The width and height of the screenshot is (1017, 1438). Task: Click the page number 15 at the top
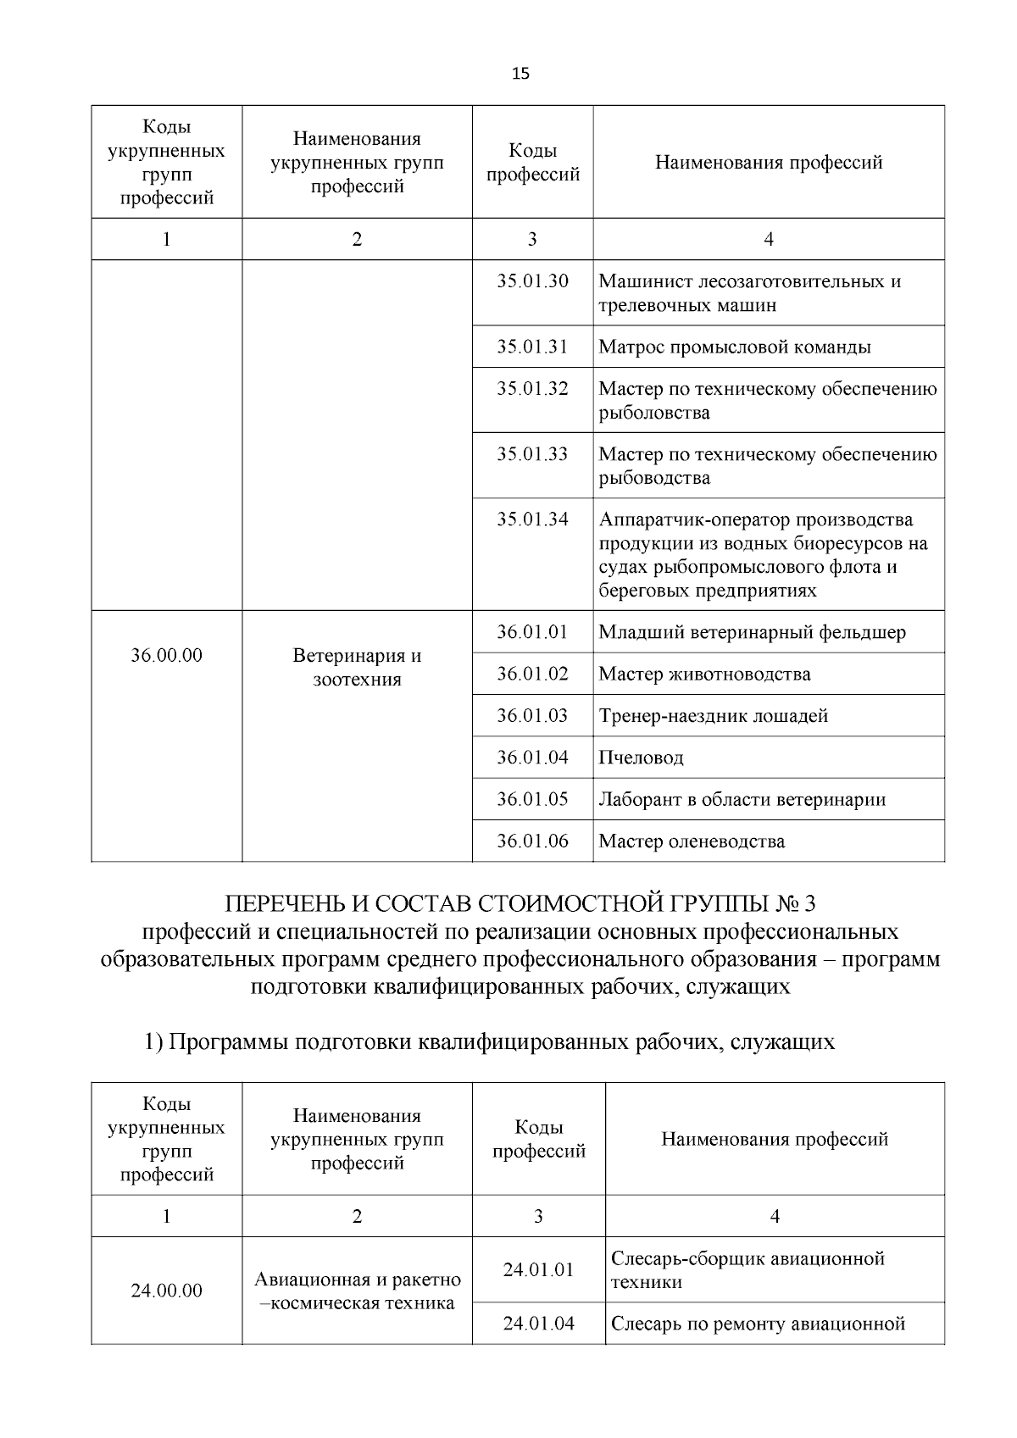click(520, 74)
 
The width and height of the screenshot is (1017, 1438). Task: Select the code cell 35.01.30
click(532, 281)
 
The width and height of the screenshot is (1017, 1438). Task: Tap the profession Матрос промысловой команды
click(734, 347)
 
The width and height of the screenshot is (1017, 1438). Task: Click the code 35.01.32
click(532, 389)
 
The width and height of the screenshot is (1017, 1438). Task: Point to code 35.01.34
click(532, 519)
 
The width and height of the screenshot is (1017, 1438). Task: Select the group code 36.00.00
click(167, 655)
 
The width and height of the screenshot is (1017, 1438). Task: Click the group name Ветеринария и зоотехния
click(357, 668)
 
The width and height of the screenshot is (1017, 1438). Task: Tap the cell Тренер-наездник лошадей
click(713, 716)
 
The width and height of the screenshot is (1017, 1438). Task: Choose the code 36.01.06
click(532, 841)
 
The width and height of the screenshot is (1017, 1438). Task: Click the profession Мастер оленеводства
click(691, 841)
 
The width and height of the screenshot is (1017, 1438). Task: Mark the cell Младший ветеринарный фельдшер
click(752, 632)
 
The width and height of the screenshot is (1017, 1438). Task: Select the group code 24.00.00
click(167, 1291)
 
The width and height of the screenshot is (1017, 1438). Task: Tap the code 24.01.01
click(538, 1270)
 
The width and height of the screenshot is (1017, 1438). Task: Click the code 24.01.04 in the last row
click(538, 1324)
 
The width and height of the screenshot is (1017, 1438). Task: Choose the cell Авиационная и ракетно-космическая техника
click(357, 1291)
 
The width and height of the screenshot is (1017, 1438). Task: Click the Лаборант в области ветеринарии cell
click(742, 799)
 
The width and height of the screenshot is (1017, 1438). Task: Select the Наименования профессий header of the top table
click(769, 162)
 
